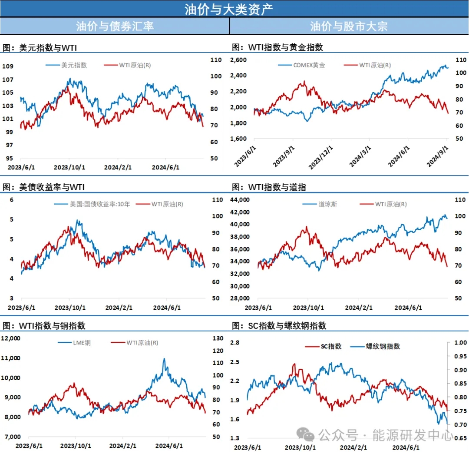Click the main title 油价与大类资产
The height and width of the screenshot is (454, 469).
[x=234, y=9]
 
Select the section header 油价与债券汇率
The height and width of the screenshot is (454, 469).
[x=115, y=26]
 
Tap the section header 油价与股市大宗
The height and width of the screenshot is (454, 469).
[x=349, y=26]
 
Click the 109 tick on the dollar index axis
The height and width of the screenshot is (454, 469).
[x=9, y=66]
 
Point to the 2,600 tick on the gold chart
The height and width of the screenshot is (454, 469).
[x=238, y=60]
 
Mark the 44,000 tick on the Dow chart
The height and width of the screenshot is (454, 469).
[x=240, y=200]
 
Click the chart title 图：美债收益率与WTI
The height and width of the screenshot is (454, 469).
[x=43, y=187]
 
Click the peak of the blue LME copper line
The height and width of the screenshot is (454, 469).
[x=164, y=359]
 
